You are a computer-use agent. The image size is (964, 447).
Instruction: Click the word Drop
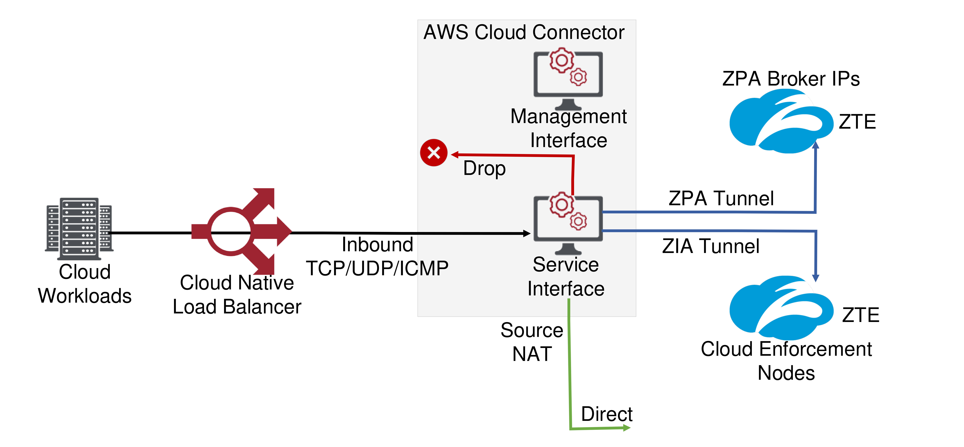(484, 168)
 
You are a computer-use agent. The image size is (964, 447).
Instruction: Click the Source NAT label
(532, 342)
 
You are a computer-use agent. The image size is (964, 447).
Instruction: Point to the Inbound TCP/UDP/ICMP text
(377, 257)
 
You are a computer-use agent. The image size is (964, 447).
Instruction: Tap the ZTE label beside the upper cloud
(857, 122)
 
